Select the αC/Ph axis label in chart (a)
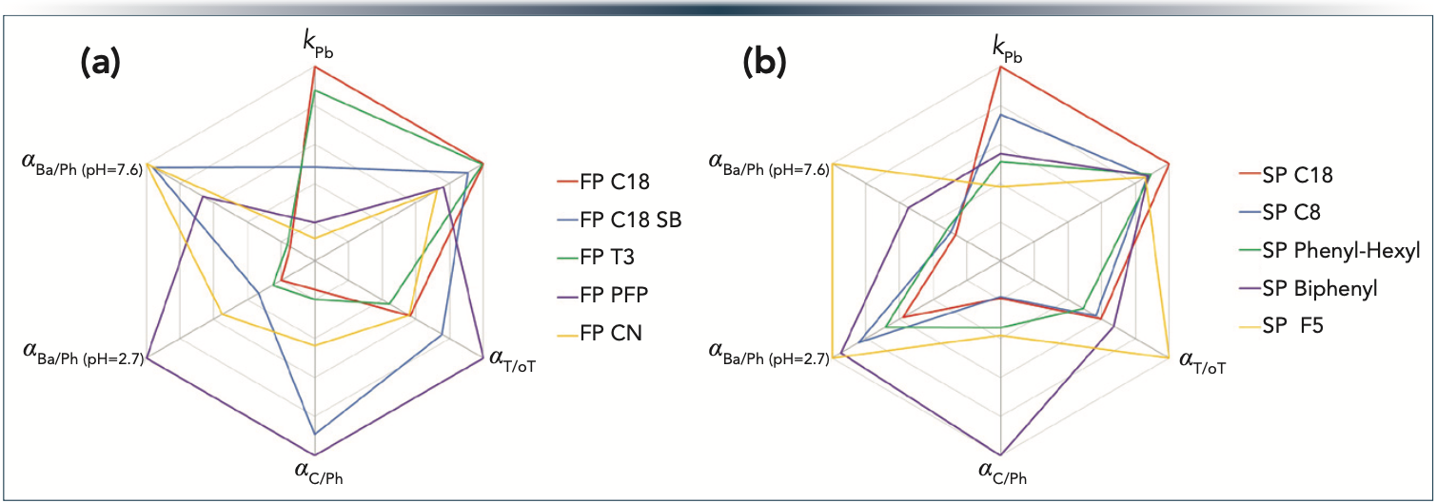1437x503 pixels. (314, 469)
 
